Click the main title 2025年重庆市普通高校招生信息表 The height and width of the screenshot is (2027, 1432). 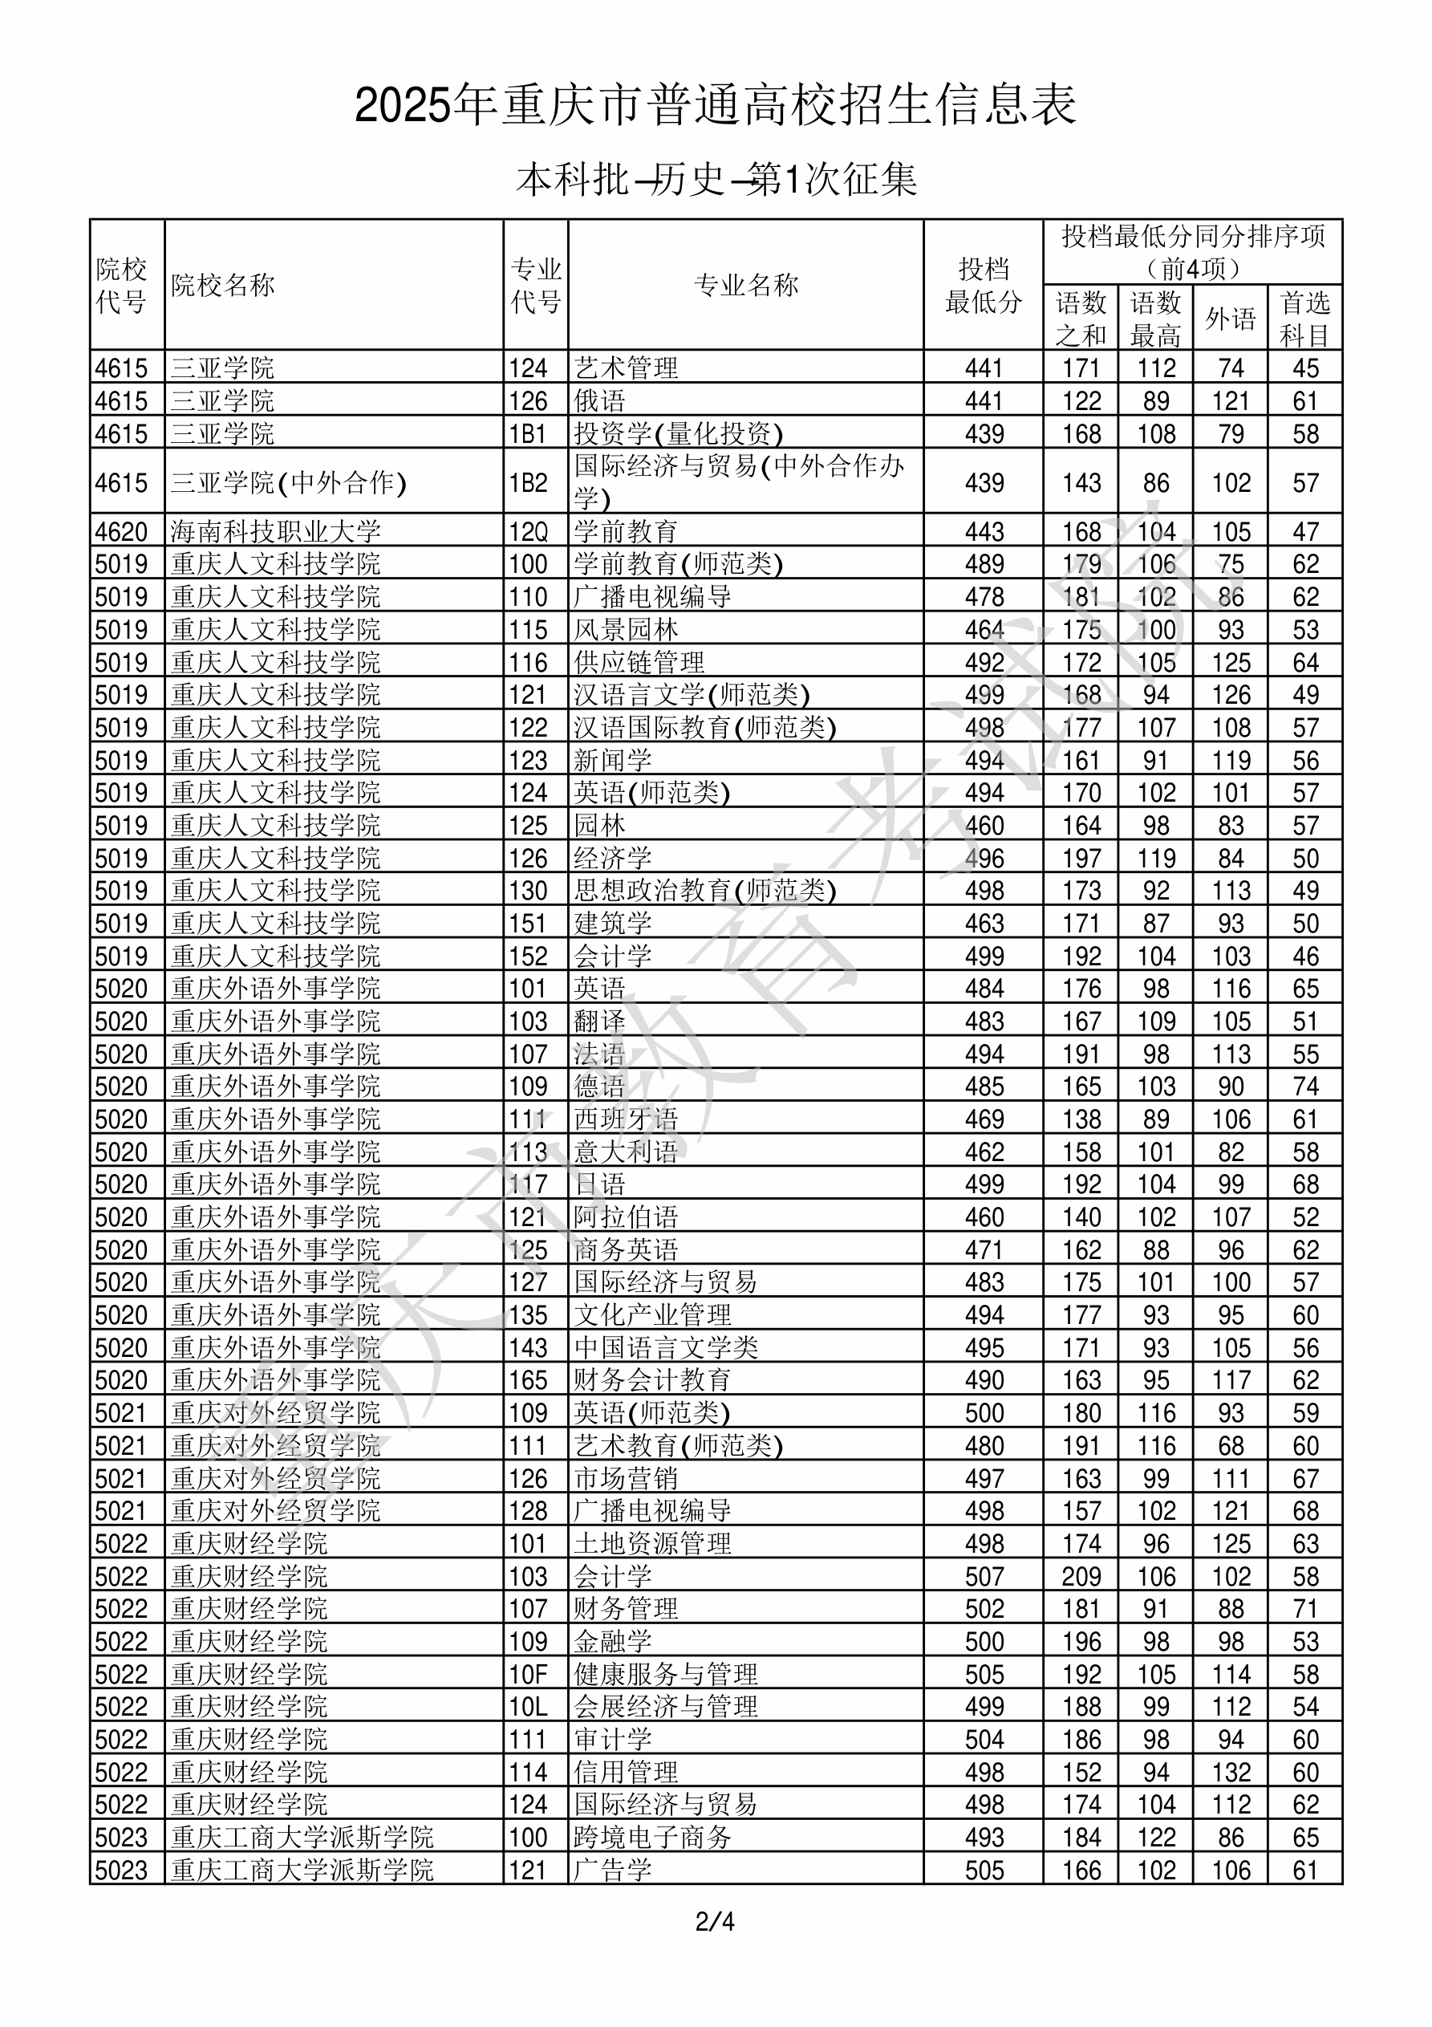click(x=715, y=106)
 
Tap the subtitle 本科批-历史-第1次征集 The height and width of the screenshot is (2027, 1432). click(x=716, y=180)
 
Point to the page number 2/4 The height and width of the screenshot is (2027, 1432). click(x=715, y=1921)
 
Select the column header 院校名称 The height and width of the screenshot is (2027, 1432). click(x=223, y=285)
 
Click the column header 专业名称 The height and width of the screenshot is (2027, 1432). click(x=746, y=285)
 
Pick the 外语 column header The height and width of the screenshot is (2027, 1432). click(x=1230, y=319)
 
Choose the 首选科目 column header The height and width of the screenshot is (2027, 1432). click(x=1305, y=319)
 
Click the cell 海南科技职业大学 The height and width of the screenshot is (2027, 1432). click(x=275, y=531)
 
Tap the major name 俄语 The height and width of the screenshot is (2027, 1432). click(x=599, y=400)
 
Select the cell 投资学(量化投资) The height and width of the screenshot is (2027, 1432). click(x=678, y=433)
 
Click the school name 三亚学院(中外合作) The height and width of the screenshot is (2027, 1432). click(x=289, y=483)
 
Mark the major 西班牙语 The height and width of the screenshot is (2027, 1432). click(x=626, y=1119)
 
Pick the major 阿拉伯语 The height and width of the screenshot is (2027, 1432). click(x=626, y=1217)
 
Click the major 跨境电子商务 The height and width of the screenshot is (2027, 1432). click(x=652, y=1837)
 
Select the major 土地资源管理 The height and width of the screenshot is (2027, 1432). click(x=652, y=1543)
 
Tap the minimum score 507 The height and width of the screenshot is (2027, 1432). click(x=984, y=1576)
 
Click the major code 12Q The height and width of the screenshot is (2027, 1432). click(x=528, y=531)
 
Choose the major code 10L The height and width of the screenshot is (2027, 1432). click(x=528, y=1707)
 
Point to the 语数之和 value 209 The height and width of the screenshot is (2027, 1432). click(x=1081, y=1576)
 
